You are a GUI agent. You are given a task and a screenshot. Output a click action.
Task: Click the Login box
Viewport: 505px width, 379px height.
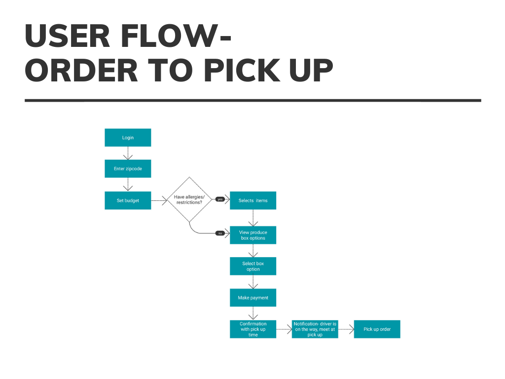[128, 138]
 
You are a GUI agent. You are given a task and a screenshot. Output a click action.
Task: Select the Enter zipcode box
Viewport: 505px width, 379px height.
[128, 169]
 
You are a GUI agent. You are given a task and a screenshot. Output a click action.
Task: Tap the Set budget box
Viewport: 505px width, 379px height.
[128, 200]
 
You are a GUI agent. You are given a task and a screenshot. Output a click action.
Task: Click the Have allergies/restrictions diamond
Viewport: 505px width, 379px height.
[189, 199]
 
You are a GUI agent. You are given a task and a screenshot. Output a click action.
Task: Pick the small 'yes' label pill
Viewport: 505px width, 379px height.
[220, 199]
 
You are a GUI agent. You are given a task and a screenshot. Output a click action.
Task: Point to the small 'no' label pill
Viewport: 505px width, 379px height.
[220, 233]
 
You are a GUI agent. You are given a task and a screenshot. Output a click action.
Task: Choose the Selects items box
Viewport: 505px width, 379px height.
[253, 200]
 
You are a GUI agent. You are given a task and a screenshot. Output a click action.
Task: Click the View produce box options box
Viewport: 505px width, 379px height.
[253, 235]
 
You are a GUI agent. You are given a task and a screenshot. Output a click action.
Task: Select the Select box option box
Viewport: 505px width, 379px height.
[253, 266]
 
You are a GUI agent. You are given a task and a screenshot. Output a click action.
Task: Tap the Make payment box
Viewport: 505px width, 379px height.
[253, 298]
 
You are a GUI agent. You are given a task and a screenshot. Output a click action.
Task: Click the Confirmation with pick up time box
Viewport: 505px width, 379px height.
[253, 329]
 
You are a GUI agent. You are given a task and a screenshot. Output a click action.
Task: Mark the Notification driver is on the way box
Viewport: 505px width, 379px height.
[315, 329]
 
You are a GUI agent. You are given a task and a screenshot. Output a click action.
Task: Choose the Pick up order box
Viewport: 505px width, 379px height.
[377, 329]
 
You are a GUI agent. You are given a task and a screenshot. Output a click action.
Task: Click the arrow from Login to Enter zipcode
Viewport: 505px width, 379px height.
[128, 153]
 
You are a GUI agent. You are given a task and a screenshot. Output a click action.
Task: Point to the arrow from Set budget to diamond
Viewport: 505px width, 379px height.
[159, 200]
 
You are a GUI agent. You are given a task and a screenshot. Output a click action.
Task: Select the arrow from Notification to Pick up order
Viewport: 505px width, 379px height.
[346, 329]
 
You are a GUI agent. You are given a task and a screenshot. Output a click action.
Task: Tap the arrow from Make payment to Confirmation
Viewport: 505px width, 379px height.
[253, 313]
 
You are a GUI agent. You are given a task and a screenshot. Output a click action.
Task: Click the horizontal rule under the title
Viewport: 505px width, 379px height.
[252, 100]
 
